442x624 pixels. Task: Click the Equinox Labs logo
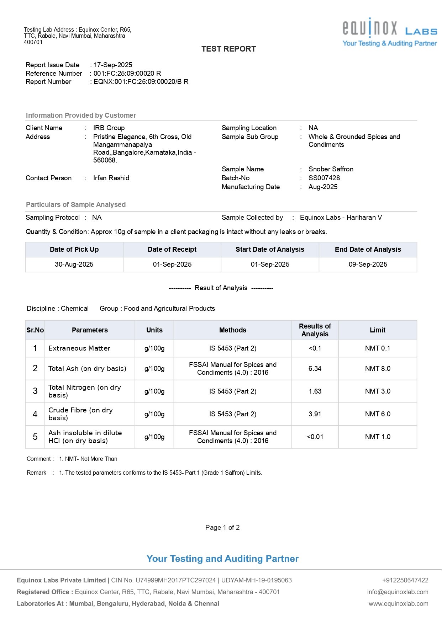[x=389, y=32]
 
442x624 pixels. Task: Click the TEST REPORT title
[x=228, y=49]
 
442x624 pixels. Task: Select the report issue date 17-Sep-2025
[x=113, y=65]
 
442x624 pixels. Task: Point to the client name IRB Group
[x=109, y=128]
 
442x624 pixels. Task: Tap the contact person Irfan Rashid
[x=111, y=178]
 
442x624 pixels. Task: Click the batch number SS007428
[x=324, y=178]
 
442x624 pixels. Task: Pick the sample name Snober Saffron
[x=331, y=169]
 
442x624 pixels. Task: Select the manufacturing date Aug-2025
[x=323, y=187]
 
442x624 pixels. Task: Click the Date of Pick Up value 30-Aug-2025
[x=74, y=265]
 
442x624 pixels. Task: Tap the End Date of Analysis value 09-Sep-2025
[x=368, y=265]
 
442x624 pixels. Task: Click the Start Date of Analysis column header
[x=270, y=250]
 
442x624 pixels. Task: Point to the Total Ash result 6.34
[x=315, y=369]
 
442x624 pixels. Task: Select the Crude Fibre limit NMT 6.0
[x=377, y=414]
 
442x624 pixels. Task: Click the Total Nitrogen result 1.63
[x=315, y=391]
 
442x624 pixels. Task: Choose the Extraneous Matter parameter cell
[x=79, y=348]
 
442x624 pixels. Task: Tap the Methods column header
[x=232, y=330]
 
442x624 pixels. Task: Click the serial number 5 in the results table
[x=35, y=437]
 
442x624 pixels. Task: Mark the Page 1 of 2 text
[x=222, y=528]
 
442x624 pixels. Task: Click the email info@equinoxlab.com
[x=398, y=592]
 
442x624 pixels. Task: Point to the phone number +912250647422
[x=405, y=580]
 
